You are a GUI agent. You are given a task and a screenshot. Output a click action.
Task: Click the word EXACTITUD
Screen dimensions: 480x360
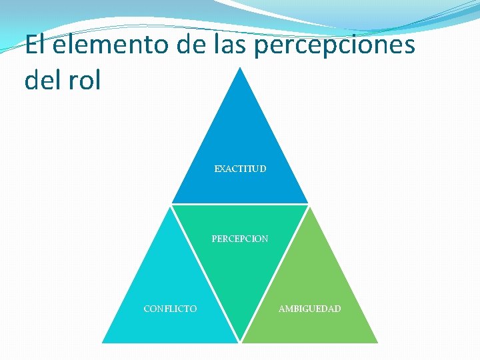(240, 169)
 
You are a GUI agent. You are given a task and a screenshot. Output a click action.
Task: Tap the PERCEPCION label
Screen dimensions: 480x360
(240, 238)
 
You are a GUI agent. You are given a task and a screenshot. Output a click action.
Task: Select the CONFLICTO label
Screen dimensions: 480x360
(170, 309)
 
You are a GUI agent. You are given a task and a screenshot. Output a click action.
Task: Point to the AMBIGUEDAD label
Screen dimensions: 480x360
(309, 309)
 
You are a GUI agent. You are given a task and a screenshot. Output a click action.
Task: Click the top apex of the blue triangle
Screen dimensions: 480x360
(240, 67)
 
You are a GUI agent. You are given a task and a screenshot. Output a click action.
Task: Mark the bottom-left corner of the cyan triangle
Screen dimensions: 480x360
(103, 342)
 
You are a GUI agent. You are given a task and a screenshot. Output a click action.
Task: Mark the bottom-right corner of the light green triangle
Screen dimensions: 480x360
(377, 342)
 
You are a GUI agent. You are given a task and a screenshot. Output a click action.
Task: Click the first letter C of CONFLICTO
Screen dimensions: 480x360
(147, 309)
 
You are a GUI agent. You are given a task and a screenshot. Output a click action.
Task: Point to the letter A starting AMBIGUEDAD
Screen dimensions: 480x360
(282, 309)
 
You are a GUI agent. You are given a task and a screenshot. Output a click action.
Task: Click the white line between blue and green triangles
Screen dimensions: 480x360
(240, 204)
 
